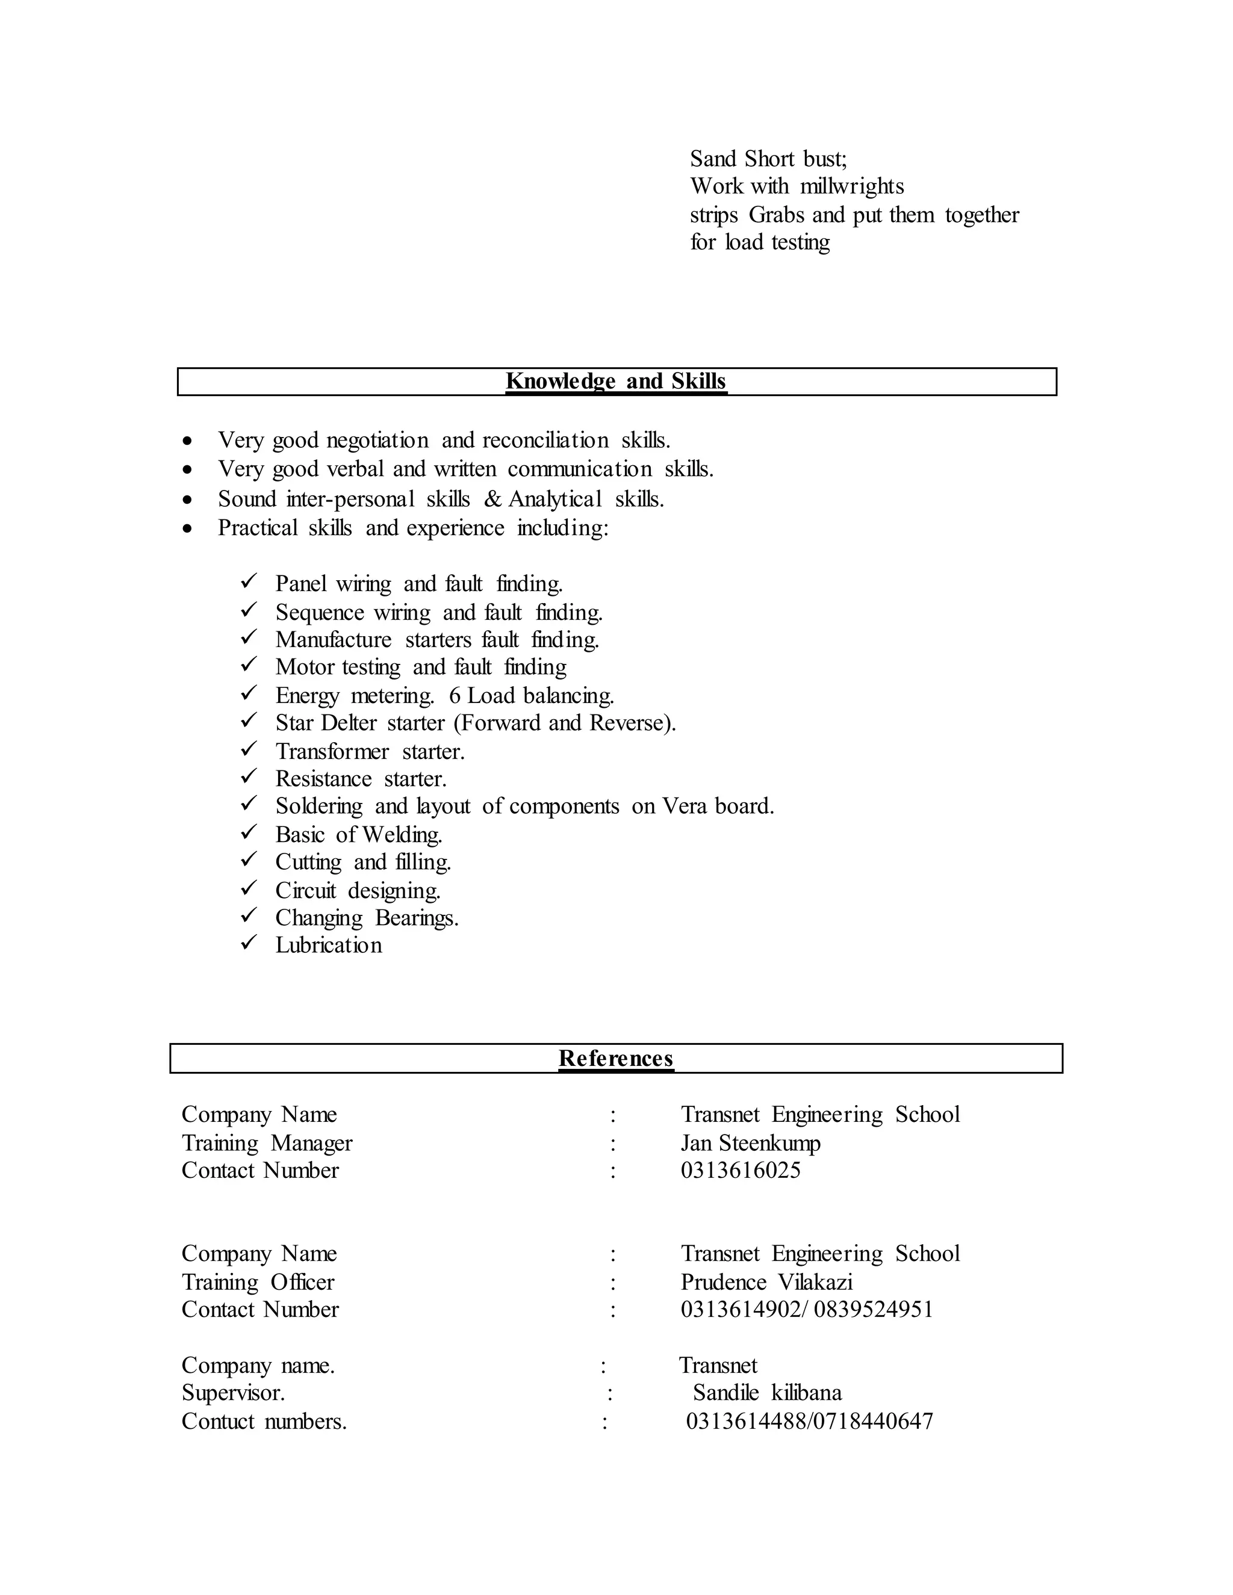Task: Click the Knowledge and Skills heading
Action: tap(616, 381)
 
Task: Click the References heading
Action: tap(616, 1058)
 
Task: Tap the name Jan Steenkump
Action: tap(750, 1143)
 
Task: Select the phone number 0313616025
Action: tap(740, 1171)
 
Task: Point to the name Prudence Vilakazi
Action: tap(766, 1281)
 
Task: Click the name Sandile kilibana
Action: tap(767, 1393)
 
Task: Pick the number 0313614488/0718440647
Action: tap(809, 1421)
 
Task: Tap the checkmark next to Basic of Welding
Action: tap(249, 832)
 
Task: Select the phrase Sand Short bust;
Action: tap(768, 158)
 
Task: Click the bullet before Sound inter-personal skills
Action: tap(188, 500)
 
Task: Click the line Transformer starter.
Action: tap(370, 752)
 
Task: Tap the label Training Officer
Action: tap(258, 1281)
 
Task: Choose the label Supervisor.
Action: tap(233, 1393)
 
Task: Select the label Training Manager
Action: tap(267, 1143)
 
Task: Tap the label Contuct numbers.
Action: tap(264, 1421)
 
